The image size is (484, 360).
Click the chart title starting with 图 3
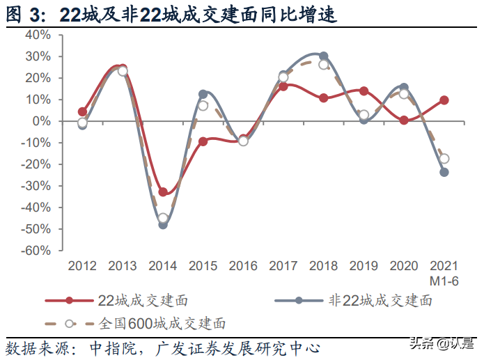point(171,13)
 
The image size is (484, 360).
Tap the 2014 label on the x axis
point(162,266)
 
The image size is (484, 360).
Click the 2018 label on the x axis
point(323,266)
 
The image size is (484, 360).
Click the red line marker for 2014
point(163,192)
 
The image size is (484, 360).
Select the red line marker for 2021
point(444,100)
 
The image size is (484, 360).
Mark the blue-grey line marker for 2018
point(324,56)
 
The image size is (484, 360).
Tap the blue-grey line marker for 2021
point(444,172)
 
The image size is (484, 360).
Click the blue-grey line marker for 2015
point(203,94)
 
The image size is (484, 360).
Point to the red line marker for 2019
point(364,91)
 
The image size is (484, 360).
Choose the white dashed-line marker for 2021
point(444,159)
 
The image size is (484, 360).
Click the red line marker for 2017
point(283,86)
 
